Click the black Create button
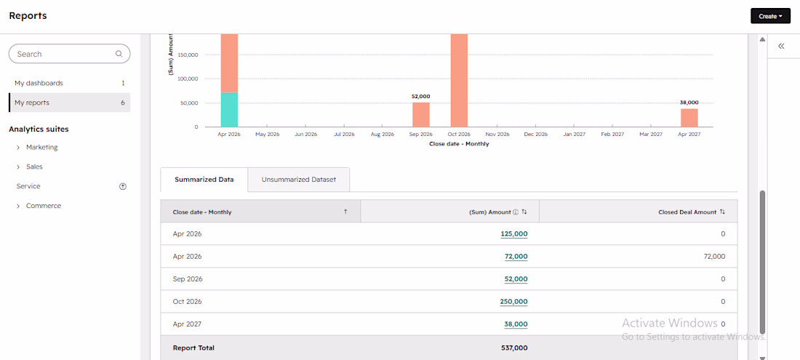(770, 16)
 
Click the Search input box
(69, 54)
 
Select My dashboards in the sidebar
(39, 83)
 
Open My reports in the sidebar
(31, 103)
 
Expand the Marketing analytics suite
(42, 148)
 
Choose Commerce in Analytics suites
(44, 206)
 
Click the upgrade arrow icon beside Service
(122, 187)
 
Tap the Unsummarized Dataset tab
(298, 180)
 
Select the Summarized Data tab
(204, 180)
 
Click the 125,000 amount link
(513, 234)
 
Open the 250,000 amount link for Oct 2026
(513, 301)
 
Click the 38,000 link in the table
(516, 324)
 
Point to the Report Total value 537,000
(514, 348)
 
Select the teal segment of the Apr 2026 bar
(230, 110)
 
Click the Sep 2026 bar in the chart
(421, 115)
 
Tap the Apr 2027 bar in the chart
(689, 118)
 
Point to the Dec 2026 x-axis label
(536, 135)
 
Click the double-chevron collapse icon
(781, 47)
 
